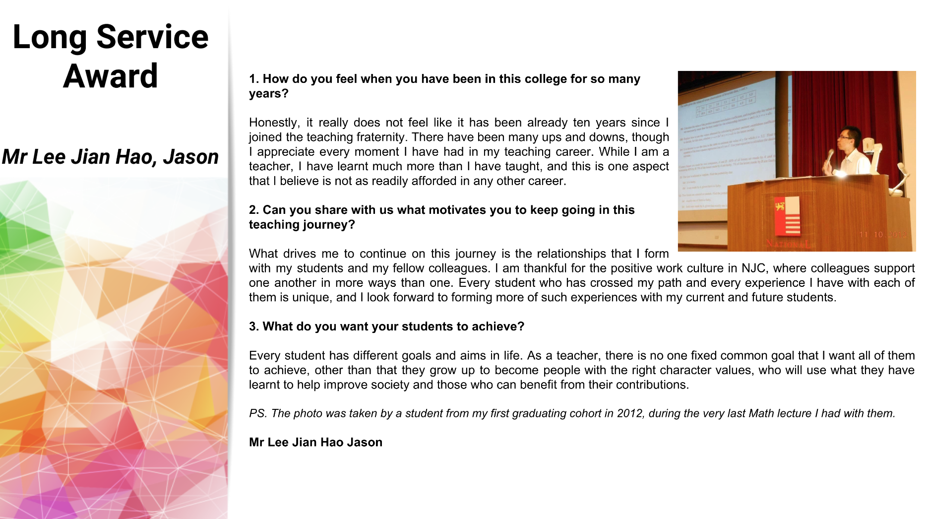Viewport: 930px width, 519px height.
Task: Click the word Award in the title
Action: (110, 76)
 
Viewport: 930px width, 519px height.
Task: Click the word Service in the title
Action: (152, 37)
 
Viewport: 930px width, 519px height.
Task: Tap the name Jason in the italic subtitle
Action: (191, 157)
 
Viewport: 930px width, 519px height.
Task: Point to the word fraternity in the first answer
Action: (357, 137)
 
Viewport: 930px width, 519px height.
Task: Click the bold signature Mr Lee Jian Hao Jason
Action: (315, 442)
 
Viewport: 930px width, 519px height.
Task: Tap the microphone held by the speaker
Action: (829, 158)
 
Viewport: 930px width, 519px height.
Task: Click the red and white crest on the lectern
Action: (787, 215)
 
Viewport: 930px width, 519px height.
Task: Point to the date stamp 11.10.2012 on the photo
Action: (883, 234)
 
